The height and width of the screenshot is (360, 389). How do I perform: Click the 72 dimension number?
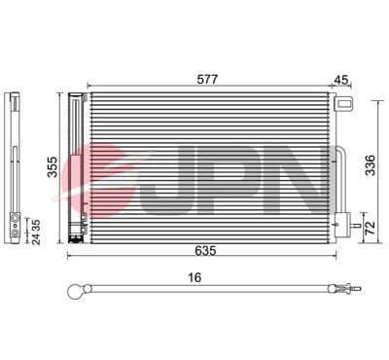(x=371, y=229)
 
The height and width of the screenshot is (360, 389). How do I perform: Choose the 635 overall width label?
(x=204, y=251)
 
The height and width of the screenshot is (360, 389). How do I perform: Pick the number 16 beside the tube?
(x=194, y=278)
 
